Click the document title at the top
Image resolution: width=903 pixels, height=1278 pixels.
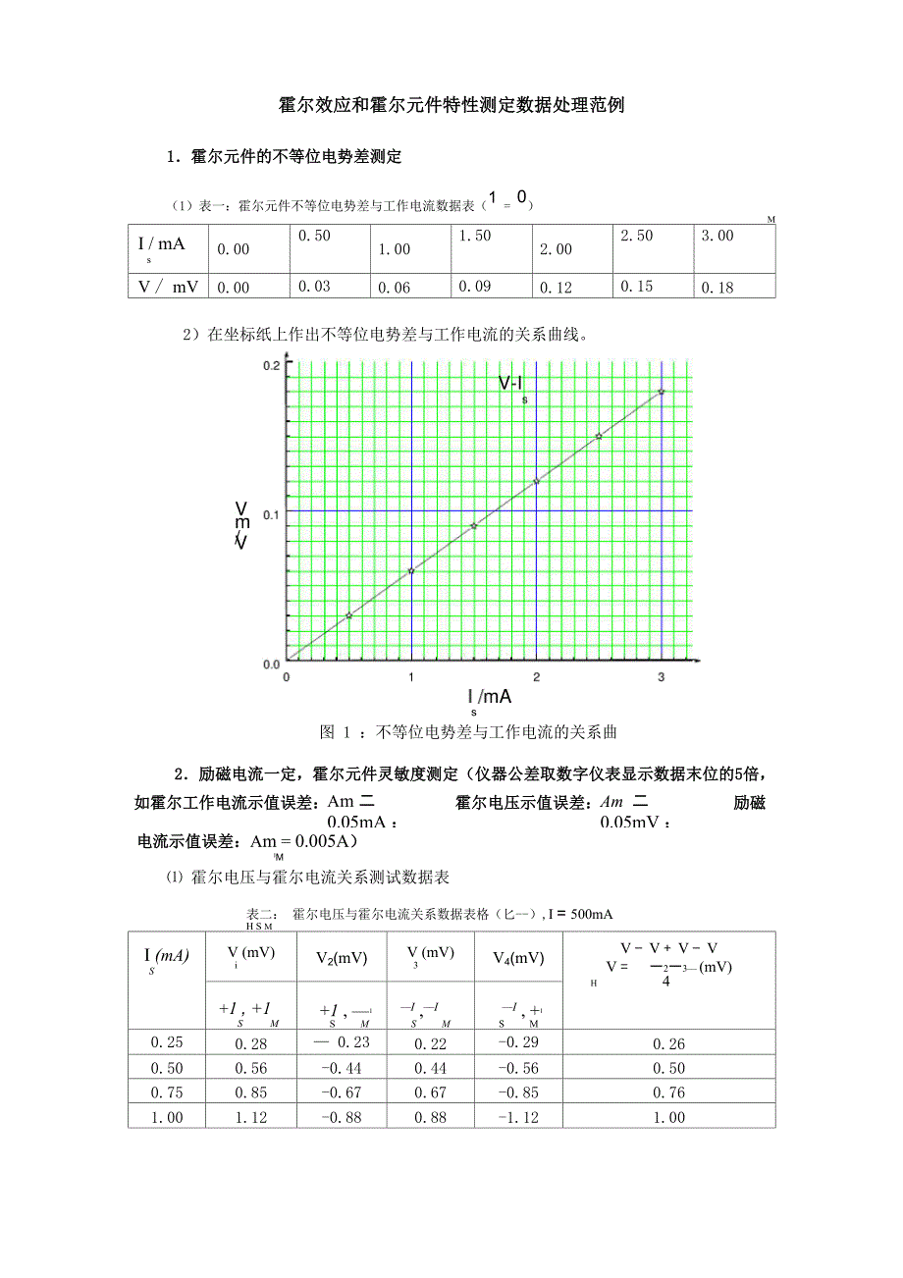[x=451, y=106]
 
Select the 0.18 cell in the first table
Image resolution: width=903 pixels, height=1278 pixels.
[x=718, y=287]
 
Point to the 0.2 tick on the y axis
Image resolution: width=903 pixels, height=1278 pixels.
[x=271, y=366]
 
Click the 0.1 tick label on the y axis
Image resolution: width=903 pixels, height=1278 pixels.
[x=271, y=513]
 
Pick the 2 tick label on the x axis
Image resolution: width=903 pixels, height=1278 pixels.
[x=536, y=678]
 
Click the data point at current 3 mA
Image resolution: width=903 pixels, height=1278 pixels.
[x=662, y=392]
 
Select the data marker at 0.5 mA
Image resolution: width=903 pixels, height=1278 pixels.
[x=348, y=615]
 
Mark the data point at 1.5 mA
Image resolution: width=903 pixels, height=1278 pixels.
[x=474, y=526]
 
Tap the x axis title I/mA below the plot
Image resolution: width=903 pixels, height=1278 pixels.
[x=490, y=697]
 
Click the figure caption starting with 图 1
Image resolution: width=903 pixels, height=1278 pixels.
[x=468, y=732]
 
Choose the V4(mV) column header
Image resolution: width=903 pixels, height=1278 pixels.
[x=518, y=958]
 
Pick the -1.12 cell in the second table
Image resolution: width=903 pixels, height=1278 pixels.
[x=517, y=1117]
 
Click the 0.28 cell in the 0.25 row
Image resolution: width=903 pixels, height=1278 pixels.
[x=251, y=1044]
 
